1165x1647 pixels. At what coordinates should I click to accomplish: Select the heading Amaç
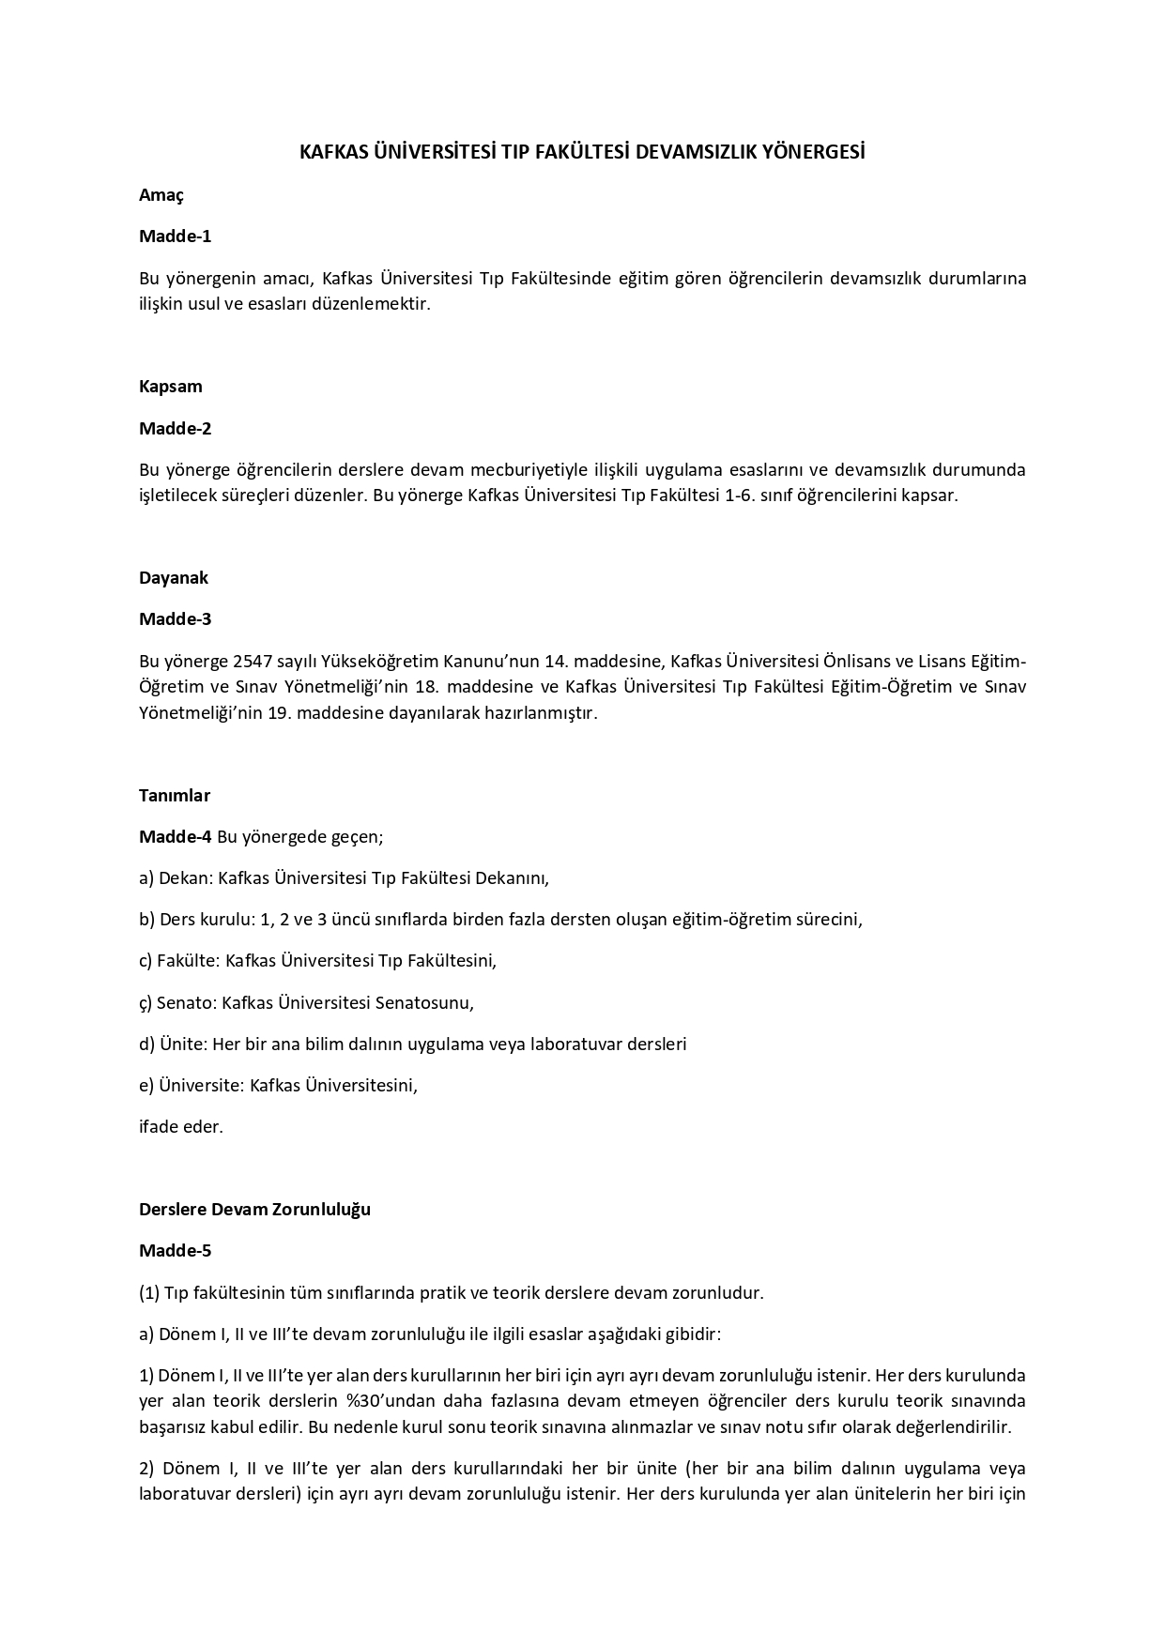pyautogui.click(x=161, y=195)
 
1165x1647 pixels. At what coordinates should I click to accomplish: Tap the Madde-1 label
pyautogui.click(x=176, y=236)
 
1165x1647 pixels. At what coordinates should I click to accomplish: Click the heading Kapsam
pyautogui.click(x=171, y=387)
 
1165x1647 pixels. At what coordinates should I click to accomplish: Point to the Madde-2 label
pyautogui.click(x=176, y=429)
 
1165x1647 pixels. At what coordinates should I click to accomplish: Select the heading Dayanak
pyautogui.click(x=174, y=578)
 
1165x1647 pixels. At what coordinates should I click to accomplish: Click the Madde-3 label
pyautogui.click(x=176, y=619)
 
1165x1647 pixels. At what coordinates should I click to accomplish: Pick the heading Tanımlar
pyautogui.click(x=175, y=796)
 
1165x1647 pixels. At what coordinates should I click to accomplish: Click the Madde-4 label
pyautogui.click(x=176, y=837)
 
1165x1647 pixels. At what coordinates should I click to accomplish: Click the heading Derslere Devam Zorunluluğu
pyautogui.click(x=254, y=1210)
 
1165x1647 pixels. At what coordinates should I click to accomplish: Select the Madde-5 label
pyautogui.click(x=176, y=1251)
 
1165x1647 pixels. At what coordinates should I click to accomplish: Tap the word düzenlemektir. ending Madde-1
pyautogui.click(x=375, y=304)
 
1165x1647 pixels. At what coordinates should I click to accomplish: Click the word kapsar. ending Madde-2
pyautogui.click(x=932, y=496)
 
